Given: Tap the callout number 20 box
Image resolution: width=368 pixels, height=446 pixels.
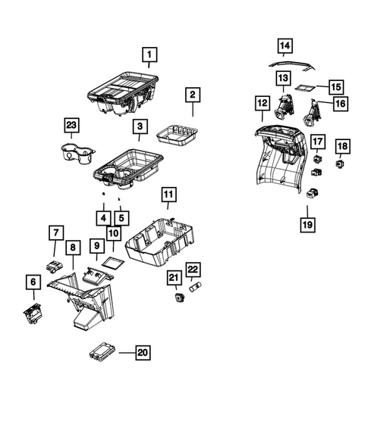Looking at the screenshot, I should click(142, 351).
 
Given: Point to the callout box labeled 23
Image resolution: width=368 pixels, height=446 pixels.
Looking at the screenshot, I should click(71, 126).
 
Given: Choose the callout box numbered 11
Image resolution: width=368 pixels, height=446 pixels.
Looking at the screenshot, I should click(168, 196).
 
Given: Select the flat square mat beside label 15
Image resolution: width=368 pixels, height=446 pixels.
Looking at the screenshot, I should click(306, 88).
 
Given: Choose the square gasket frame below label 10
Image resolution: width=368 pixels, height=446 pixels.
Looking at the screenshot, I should click(112, 261).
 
